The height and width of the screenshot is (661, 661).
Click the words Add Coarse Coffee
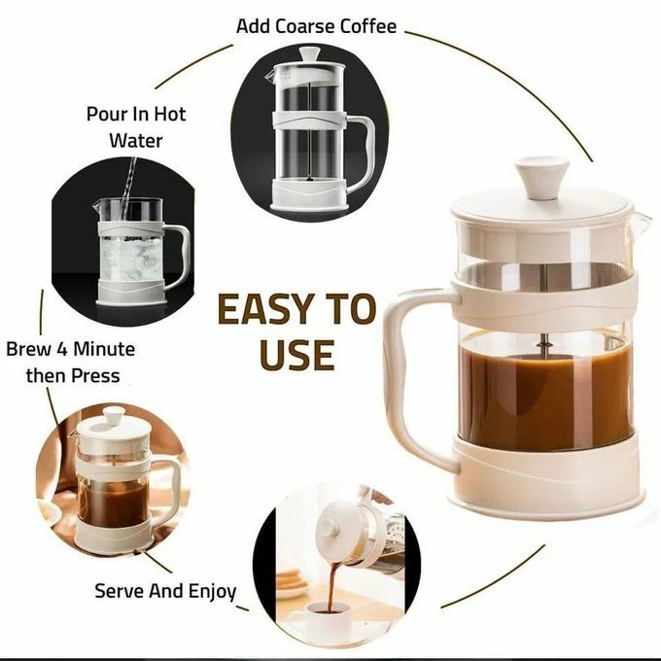(x=317, y=25)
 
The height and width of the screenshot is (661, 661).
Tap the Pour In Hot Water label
(x=135, y=126)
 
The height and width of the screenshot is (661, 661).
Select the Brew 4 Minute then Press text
(x=70, y=362)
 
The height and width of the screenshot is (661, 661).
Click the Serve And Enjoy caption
(x=165, y=590)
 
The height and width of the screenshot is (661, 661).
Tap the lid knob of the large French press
(x=541, y=178)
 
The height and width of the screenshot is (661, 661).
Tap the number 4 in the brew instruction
(x=62, y=349)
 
